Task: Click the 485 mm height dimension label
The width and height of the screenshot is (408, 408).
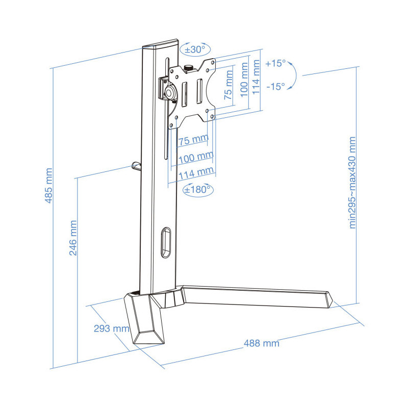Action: pos(48,186)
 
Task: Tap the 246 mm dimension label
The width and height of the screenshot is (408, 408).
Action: pos(73,238)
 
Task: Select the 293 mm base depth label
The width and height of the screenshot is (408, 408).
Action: pos(111,328)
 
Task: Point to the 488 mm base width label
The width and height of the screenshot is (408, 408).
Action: pos(262,343)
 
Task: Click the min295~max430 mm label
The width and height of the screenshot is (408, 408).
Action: pos(352,183)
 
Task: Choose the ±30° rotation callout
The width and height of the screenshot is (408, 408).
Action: pos(195,49)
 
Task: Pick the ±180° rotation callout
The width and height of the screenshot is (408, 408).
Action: pos(198,189)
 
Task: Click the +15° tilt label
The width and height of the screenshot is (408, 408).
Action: pos(275,63)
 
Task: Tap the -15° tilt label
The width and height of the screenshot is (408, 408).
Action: pos(275,86)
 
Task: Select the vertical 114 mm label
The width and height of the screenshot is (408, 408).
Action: pos(256,77)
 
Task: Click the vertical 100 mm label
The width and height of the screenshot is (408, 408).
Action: pos(244,80)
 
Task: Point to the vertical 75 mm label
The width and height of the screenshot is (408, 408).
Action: pos(228,85)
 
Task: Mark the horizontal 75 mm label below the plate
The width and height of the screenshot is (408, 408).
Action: pos(193,140)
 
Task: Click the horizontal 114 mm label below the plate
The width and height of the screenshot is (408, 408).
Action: pos(196,173)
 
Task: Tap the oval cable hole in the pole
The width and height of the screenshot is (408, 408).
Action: pos(166,243)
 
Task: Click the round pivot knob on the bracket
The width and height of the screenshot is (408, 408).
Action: pos(169,92)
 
